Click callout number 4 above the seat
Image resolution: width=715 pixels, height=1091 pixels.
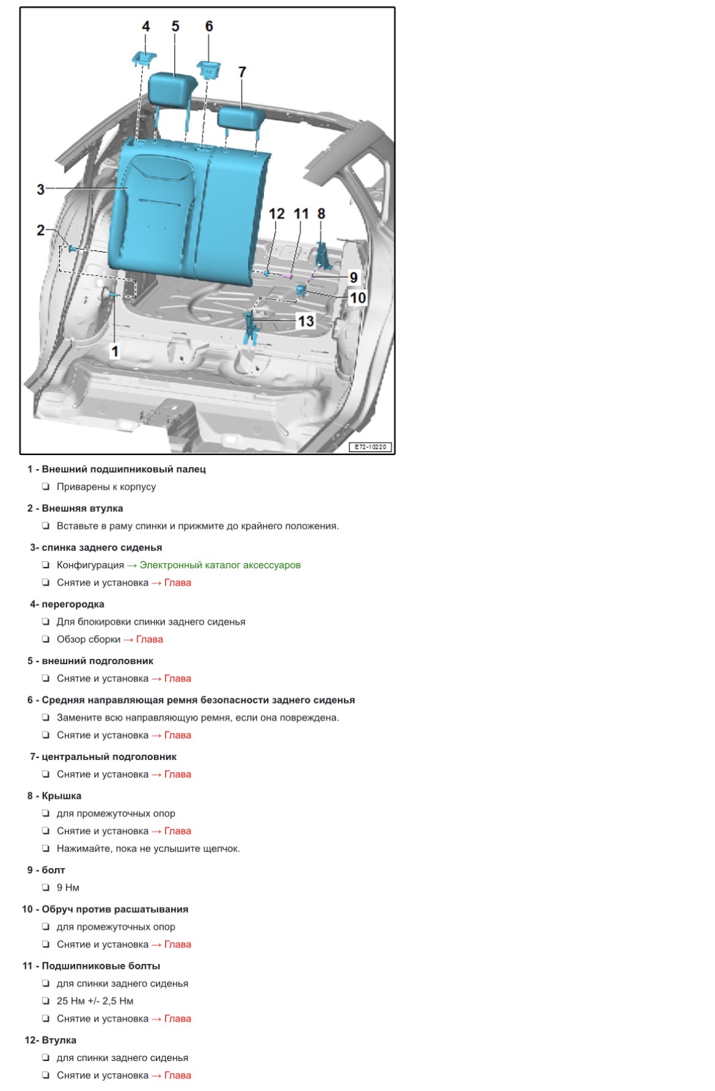click(x=145, y=26)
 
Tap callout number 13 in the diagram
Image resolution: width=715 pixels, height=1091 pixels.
click(x=305, y=321)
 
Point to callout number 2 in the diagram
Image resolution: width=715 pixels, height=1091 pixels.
click(x=40, y=230)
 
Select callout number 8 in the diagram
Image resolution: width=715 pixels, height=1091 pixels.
click(x=321, y=214)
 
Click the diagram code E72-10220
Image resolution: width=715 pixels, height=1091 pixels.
click(x=370, y=447)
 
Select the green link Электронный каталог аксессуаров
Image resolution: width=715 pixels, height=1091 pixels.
click(x=220, y=565)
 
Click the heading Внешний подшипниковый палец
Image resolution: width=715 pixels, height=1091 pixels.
click(x=123, y=469)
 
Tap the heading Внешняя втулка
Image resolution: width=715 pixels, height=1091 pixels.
click(x=82, y=508)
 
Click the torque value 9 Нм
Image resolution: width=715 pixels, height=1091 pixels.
click(x=68, y=888)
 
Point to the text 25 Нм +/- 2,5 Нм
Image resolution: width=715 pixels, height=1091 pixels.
click(x=95, y=1001)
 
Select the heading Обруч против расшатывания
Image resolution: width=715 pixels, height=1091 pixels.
click(x=115, y=909)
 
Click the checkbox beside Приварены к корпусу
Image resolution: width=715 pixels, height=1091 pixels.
click(x=46, y=487)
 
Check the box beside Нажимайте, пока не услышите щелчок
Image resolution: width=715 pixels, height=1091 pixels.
click(x=46, y=848)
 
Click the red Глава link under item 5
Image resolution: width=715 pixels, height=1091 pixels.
click(x=177, y=679)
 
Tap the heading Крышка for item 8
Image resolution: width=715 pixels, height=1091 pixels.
click(x=61, y=796)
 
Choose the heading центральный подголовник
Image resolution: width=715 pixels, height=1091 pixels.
click(x=109, y=757)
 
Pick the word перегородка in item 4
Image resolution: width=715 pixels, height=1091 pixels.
click(x=73, y=604)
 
